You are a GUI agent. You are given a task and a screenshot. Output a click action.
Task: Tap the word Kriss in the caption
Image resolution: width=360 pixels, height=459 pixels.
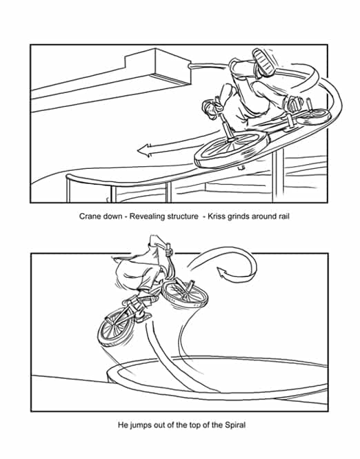216,216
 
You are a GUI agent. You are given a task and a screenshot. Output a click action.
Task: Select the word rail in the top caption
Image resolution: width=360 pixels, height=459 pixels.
283,216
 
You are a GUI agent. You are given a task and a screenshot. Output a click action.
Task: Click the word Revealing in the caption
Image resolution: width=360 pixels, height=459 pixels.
148,216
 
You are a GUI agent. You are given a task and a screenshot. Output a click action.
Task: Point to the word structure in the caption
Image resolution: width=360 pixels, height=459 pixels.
183,216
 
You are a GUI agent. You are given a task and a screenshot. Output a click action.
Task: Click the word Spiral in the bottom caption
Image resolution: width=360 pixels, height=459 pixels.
235,425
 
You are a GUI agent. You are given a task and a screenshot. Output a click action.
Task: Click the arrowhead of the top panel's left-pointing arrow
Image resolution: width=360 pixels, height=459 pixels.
144,150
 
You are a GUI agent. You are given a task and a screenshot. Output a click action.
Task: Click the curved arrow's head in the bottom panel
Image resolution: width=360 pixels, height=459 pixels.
223,274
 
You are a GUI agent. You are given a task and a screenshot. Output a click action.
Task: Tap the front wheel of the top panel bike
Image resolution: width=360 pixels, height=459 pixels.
230,150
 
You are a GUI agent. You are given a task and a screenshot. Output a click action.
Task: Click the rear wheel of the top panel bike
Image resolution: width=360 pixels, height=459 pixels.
314,116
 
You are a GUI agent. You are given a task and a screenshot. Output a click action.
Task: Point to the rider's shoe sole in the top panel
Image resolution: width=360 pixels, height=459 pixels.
263,62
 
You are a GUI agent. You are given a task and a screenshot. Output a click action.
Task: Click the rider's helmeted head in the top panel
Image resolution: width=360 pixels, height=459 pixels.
210,109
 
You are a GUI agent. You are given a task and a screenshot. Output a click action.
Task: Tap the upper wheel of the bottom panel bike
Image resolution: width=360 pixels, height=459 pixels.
185,294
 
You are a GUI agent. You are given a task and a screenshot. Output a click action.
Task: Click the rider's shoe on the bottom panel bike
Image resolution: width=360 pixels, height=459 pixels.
143,317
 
